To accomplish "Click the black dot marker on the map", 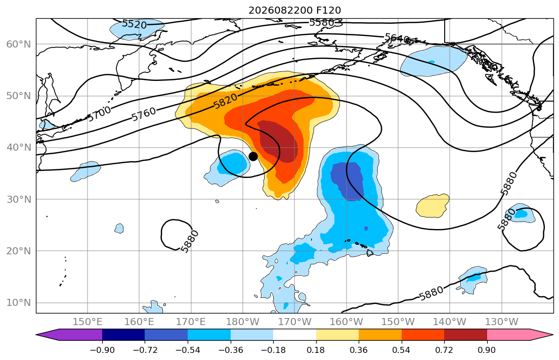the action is click(253, 156).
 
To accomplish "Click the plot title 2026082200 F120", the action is click(295, 10).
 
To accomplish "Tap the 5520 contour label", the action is click(135, 24).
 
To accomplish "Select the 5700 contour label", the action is click(100, 114).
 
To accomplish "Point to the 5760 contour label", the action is click(144, 114).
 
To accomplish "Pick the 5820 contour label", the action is click(225, 101).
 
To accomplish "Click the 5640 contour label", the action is click(397, 38).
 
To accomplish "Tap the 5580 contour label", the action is click(322, 22).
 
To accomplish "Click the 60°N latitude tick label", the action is click(19, 44).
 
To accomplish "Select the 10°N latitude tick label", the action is click(19, 303).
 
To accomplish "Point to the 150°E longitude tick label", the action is click(88, 322).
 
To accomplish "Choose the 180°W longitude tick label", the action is click(243, 322).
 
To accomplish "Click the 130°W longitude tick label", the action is click(502, 322).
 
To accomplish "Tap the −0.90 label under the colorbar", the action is click(102, 350).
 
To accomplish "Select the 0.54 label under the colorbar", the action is click(402, 350).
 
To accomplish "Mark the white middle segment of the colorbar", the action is click(294, 335).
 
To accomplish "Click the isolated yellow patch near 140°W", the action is click(433, 206).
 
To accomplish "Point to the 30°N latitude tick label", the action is click(19, 199).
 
